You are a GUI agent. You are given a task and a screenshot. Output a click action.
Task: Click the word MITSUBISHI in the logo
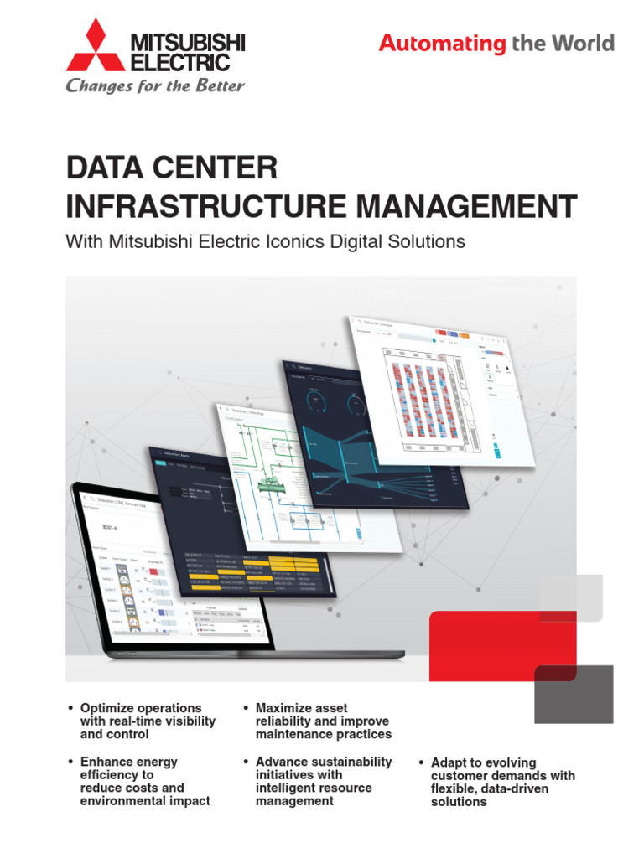pyautogui.click(x=186, y=41)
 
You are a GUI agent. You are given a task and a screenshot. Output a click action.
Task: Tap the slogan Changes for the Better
pyautogui.click(x=155, y=85)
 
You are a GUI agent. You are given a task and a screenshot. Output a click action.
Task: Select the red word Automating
pyautogui.click(x=442, y=44)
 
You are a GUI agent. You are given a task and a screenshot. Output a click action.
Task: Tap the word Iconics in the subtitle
pyautogui.click(x=332, y=242)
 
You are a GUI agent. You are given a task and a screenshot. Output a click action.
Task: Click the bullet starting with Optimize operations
pyautogui.click(x=148, y=721)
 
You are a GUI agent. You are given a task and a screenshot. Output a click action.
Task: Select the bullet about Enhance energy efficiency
pyautogui.click(x=144, y=781)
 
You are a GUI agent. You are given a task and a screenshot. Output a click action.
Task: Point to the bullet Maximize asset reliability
pyautogui.click(x=323, y=721)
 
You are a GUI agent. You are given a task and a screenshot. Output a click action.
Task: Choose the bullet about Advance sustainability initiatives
pyautogui.click(x=323, y=781)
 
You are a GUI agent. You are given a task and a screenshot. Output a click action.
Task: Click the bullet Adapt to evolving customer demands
pyautogui.click(x=502, y=782)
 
